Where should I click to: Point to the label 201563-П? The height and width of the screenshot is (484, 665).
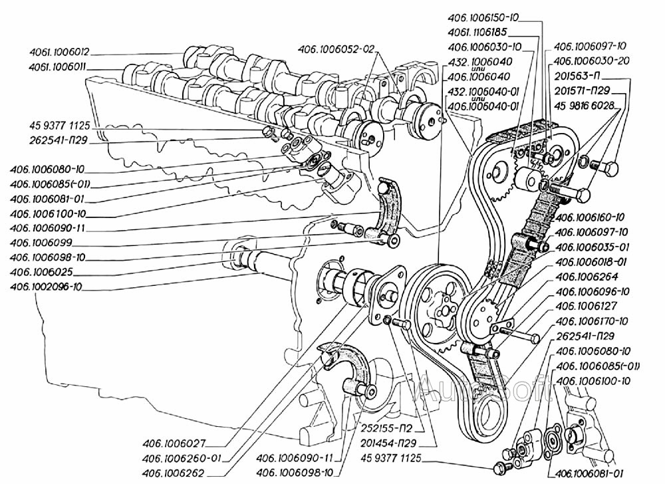tap(577, 76)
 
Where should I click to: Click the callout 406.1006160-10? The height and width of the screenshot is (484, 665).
tap(590, 217)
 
